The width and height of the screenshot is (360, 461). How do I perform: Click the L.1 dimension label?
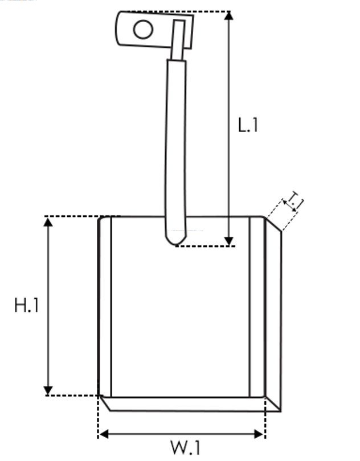click(x=248, y=125)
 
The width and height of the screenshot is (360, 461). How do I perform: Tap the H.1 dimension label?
click(x=27, y=305)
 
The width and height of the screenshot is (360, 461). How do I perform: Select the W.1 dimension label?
click(x=186, y=447)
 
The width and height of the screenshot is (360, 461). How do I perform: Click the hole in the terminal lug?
click(x=144, y=29)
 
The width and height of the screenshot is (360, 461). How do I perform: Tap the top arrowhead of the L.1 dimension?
click(x=229, y=16)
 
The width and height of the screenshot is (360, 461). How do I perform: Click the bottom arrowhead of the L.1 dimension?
click(x=229, y=241)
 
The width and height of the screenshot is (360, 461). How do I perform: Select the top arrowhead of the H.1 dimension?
click(x=48, y=222)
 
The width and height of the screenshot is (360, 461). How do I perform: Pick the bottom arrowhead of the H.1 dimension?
click(x=48, y=391)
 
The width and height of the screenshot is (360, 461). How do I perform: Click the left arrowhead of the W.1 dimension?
click(x=104, y=434)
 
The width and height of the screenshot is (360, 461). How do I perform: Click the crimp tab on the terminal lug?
click(x=178, y=40)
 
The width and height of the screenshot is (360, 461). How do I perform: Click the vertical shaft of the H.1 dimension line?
click(x=48, y=306)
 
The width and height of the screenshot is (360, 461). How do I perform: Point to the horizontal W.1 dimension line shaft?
click(x=181, y=434)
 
